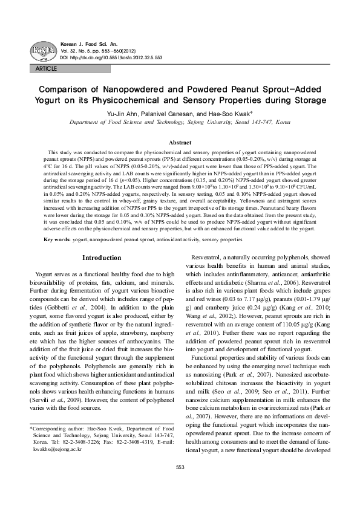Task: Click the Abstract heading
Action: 179,142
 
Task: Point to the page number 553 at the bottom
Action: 180,484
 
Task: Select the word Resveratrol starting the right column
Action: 210,274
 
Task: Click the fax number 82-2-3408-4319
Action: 123,459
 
